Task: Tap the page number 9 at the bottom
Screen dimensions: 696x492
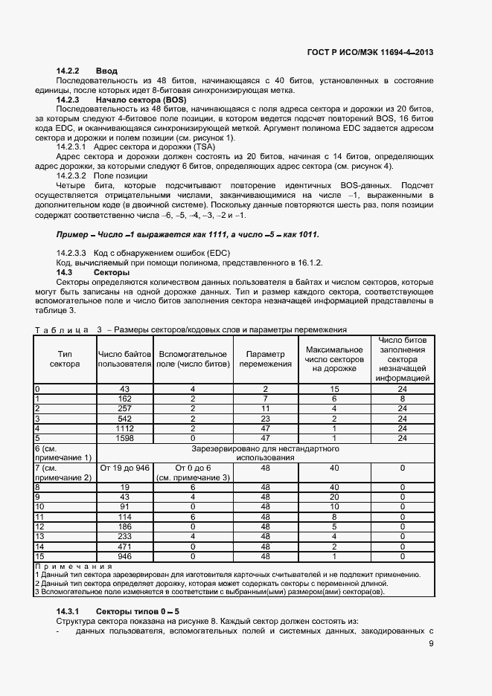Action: (431, 644)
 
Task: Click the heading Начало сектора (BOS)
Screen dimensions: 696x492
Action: (141, 99)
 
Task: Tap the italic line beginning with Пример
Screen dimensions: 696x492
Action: (188, 234)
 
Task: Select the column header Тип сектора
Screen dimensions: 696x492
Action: (65, 358)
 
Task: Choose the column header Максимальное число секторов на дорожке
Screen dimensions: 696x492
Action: (334, 358)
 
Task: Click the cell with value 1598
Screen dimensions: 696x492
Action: (124, 438)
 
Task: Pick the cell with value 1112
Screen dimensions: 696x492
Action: (124, 428)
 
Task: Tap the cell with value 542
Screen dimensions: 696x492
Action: (124, 419)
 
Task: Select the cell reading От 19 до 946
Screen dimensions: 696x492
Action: (125, 468)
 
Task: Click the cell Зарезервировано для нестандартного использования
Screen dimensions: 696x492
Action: (265, 453)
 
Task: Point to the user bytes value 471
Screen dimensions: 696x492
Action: (124, 545)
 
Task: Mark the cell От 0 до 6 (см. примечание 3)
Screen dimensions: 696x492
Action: (194, 472)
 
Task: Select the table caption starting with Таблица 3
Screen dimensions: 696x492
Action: (191, 329)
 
